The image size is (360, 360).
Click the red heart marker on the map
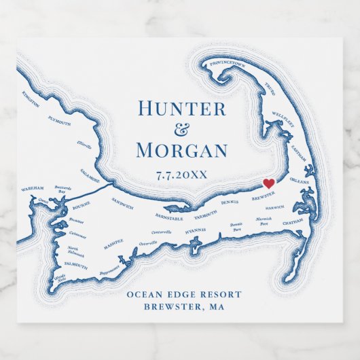pos(268,183)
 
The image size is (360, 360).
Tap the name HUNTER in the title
pos(181,109)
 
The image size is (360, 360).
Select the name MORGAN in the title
pos(181,150)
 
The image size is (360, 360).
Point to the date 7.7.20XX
pos(181,175)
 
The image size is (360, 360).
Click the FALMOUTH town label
pos(76,267)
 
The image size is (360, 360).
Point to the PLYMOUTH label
pos(59,123)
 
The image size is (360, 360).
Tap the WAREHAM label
pos(32,188)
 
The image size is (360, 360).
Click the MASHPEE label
pos(113,241)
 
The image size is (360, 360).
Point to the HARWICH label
pos(275,207)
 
